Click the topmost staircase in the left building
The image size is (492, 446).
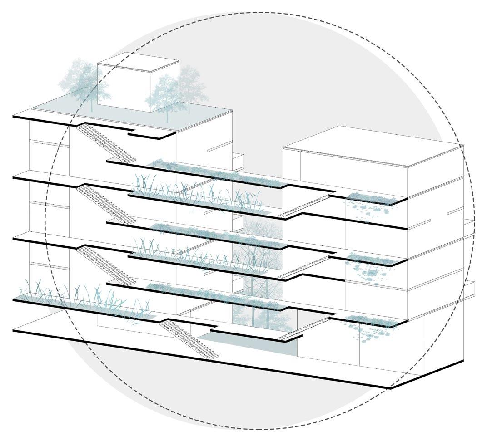(x=106, y=143)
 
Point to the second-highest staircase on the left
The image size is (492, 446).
(x=106, y=204)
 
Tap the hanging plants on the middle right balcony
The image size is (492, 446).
(x=370, y=265)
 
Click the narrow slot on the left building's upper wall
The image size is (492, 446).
(x=219, y=147)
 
